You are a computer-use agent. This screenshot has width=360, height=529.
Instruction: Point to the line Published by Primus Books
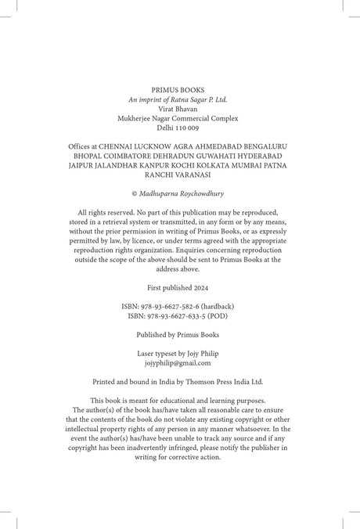(179, 334)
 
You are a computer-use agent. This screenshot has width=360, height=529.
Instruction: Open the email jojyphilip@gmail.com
(179, 364)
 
